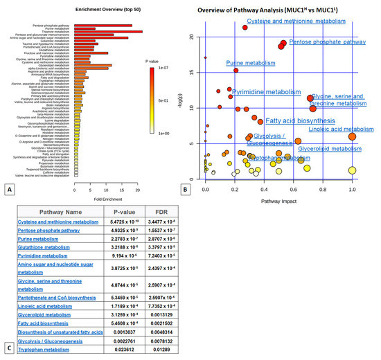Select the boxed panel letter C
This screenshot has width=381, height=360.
12,350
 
